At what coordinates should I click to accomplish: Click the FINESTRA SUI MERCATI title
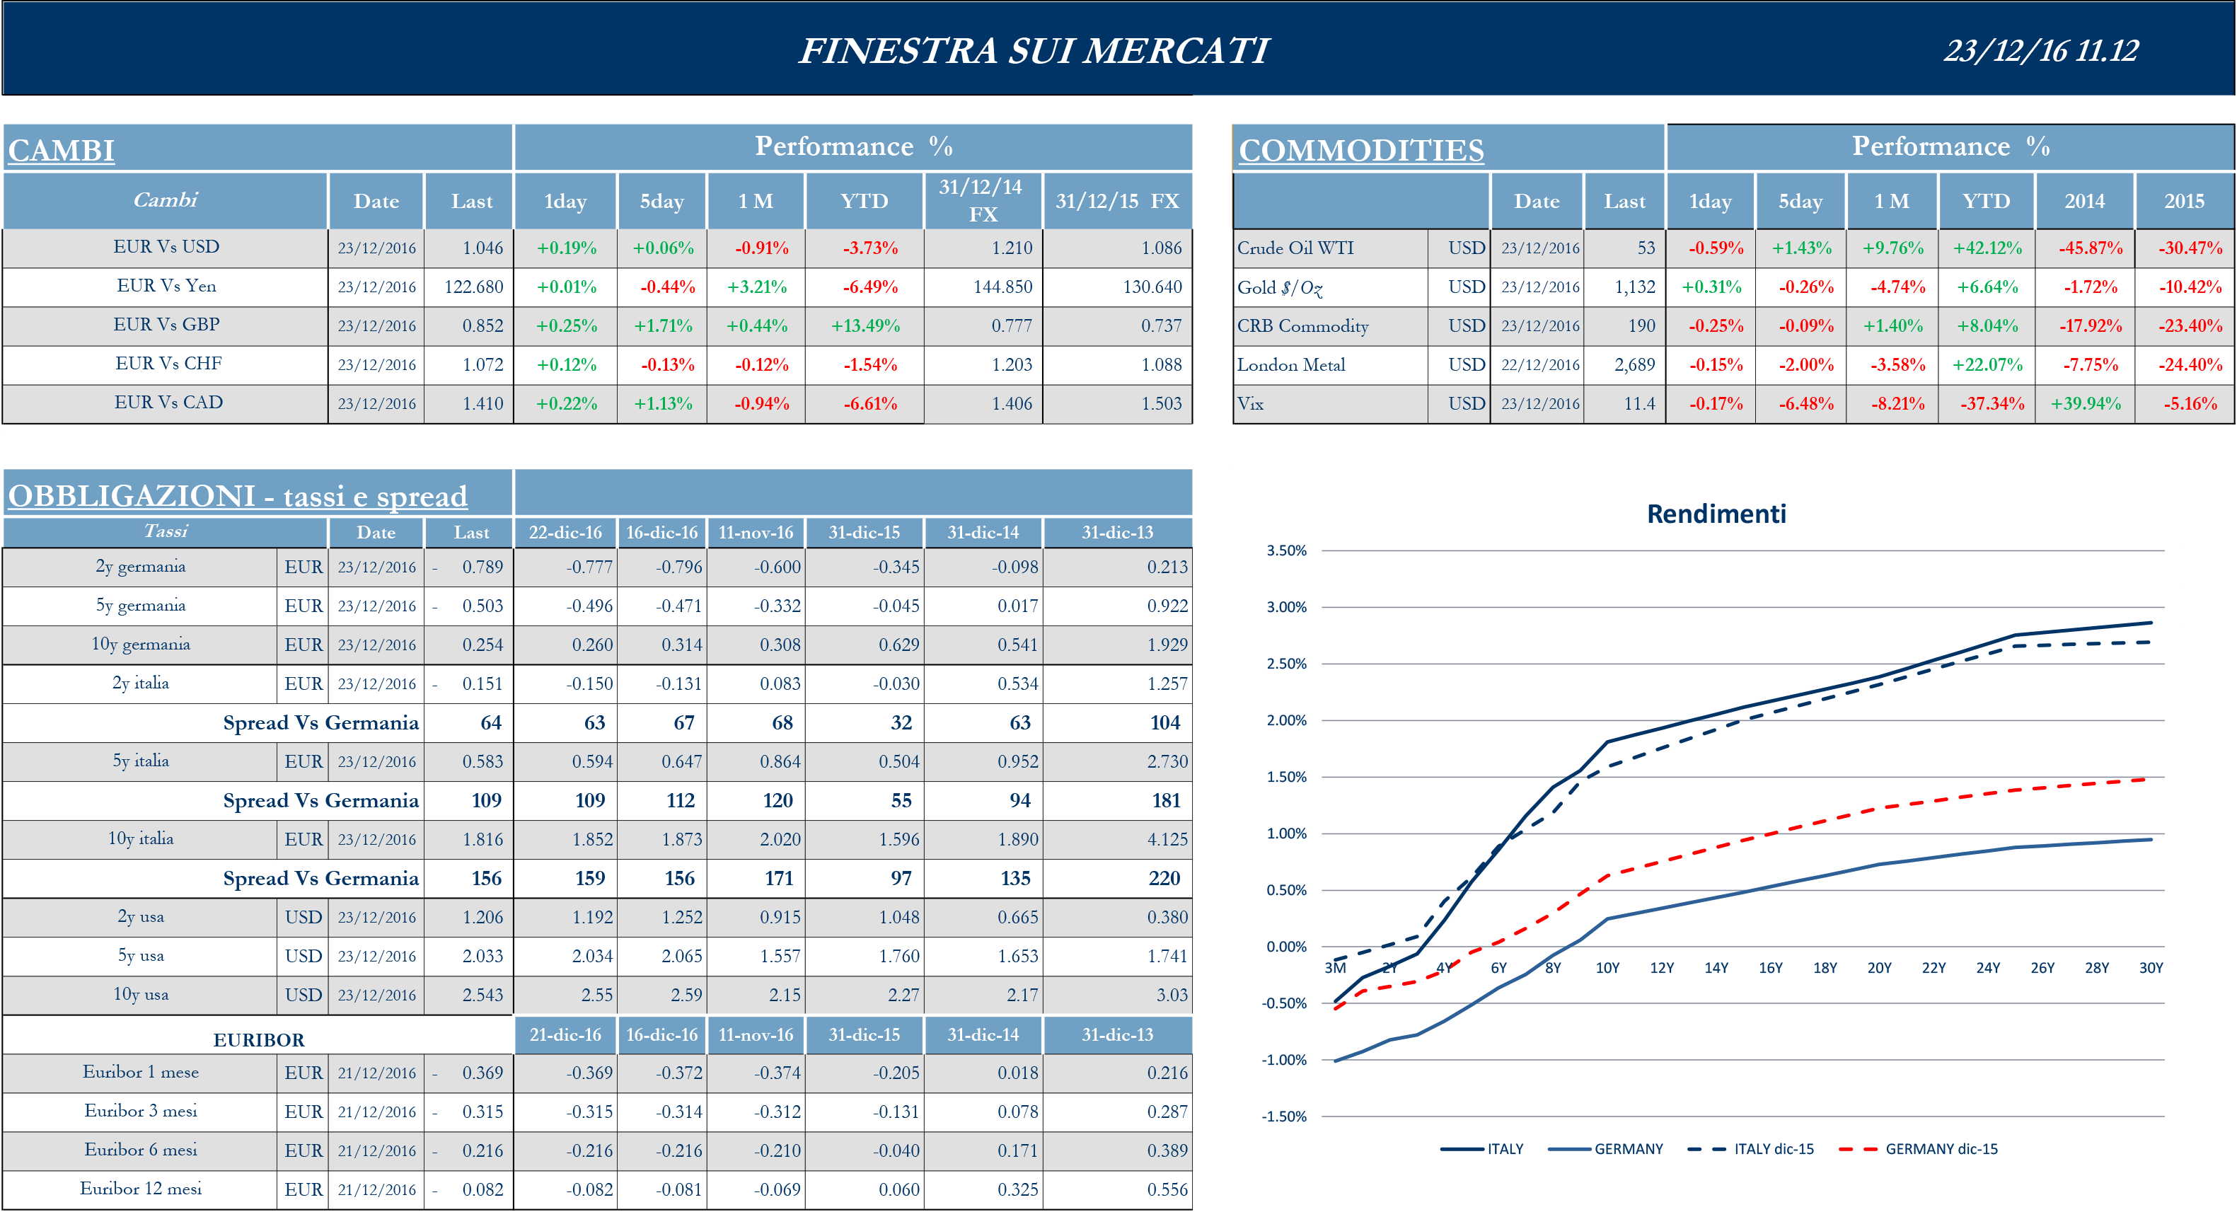[x=1034, y=50]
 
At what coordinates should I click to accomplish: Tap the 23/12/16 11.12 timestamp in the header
[x=2041, y=50]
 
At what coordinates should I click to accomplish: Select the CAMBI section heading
[x=62, y=150]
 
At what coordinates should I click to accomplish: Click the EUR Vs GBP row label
[x=167, y=325]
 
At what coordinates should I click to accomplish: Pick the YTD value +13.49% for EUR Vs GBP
[x=865, y=325]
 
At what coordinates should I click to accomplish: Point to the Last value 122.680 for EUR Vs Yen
[x=473, y=287]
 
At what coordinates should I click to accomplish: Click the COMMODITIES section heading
[x=1360, y=150]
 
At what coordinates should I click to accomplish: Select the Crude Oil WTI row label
[x=1295, y=248]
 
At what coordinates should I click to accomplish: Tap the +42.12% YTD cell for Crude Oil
[x=1987, y=248]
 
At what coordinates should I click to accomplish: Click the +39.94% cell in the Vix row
[x=2085, y=404]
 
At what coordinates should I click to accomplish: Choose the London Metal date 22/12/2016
[x=1539, y=364]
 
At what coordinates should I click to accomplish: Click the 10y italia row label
[x=141, y=838]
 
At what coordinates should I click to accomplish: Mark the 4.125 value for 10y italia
[x=1167, y=840]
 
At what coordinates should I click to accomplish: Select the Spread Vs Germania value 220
[x=1164, y=879]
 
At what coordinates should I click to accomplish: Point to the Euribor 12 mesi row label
[x=141, y=1189]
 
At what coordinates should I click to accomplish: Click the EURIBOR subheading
[x=259, y=1039]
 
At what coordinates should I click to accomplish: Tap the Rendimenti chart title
[x=1716, y=514]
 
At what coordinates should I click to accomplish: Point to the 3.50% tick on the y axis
[x=1286, y=550]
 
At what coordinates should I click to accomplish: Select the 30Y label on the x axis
[x=2150, y=967]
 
